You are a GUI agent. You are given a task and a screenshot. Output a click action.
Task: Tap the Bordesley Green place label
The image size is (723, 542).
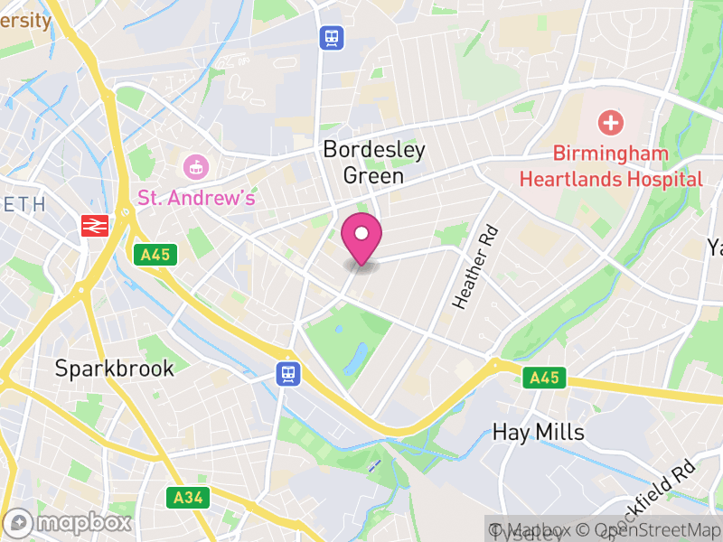373,163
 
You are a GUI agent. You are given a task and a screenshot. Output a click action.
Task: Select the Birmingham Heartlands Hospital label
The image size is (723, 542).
611,166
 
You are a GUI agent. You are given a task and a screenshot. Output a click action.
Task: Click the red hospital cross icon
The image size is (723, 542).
611,122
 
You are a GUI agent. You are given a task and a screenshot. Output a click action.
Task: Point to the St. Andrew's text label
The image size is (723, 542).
196,197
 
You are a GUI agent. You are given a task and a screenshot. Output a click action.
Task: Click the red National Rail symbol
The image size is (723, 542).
94,226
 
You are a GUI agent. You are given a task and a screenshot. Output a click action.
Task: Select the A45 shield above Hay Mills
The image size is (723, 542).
545,378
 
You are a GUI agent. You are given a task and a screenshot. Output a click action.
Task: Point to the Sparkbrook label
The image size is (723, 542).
115,369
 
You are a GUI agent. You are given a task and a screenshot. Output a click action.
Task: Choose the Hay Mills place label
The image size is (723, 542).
539,432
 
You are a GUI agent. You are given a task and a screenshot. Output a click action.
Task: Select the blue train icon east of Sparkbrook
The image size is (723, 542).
288,373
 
